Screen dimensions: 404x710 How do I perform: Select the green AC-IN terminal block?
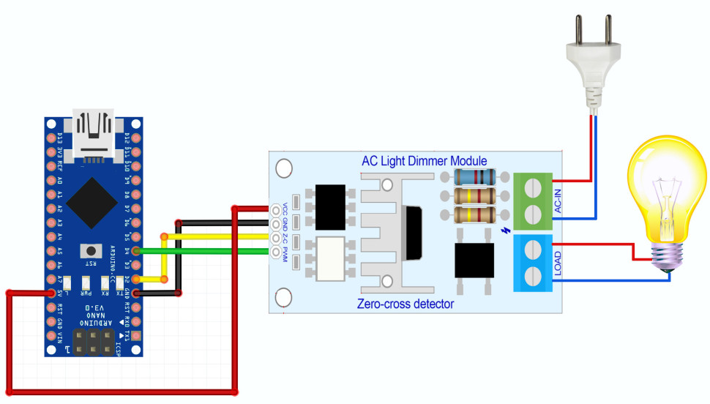point(534,201)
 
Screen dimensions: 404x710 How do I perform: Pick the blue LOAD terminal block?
point(534,263)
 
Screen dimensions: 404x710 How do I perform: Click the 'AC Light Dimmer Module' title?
point(424,161)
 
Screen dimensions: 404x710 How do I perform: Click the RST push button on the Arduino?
point(91,250)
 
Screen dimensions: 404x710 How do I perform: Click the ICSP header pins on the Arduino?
point(92,340)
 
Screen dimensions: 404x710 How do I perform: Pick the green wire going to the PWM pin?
point(205,251)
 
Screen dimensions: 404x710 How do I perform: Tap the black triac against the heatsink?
point(411,233)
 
